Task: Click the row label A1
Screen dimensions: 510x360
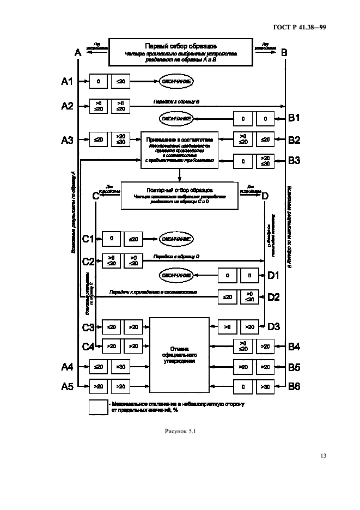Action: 67,82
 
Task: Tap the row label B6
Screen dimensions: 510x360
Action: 294,386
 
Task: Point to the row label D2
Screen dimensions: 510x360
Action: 273,297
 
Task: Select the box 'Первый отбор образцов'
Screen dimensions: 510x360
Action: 181,51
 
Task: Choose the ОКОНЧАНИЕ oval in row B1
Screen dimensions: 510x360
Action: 176,118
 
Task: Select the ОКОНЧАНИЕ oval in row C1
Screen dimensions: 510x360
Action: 176,238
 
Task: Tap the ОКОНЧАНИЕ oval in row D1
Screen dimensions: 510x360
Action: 176,276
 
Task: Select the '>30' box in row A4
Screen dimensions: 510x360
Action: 120,367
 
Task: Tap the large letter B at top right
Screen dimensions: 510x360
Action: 284,53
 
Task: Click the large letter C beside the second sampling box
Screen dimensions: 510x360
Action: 96,196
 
